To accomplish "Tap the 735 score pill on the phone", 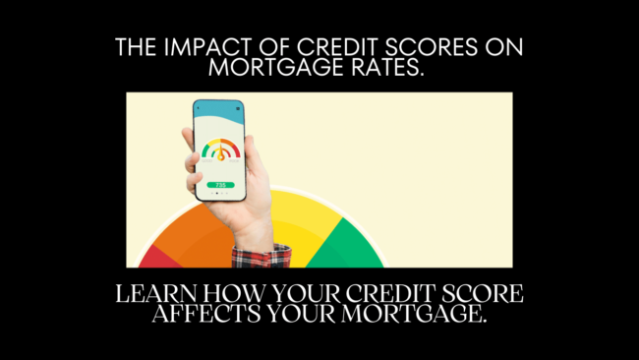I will coord(220,183).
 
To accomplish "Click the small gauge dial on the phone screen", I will coord(220,150).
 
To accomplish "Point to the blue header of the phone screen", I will coord(220,110).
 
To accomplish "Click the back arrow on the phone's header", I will coord(202,107).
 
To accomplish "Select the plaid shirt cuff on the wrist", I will coord(261,256).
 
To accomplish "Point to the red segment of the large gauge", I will coord(152,259).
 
